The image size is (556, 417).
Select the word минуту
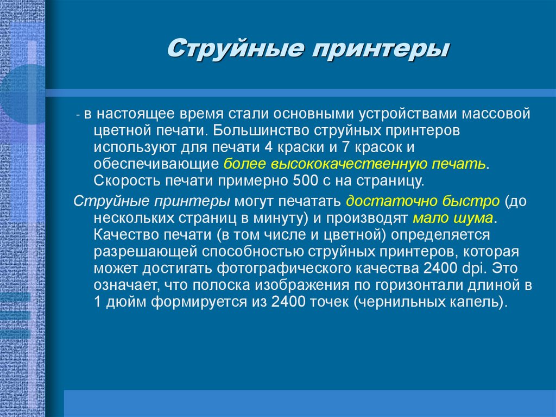pyautogui.click(x=274, y=218)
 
